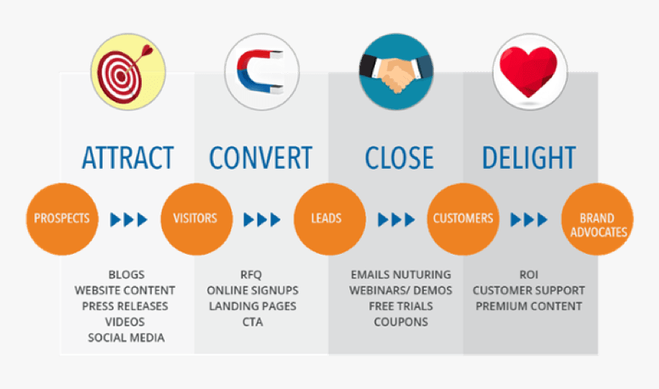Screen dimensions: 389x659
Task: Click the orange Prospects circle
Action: click(61, 219)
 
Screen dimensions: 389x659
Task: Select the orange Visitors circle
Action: click(195, 219)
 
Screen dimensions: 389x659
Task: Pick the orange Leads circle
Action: click(329, 219)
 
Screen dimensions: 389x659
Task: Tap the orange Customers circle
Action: click(463, 219)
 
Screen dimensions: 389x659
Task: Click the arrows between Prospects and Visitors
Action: click(128, 220)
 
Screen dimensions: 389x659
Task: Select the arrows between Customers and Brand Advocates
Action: click(529, 220)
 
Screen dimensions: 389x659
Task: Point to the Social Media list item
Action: click(126, 338)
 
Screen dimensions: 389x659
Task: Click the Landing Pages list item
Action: click(252, 306)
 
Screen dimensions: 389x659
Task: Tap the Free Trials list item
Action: click(400, 306)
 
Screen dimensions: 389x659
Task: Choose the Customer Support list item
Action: click(529, 291)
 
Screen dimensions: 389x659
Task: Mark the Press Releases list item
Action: click(125, 306)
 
